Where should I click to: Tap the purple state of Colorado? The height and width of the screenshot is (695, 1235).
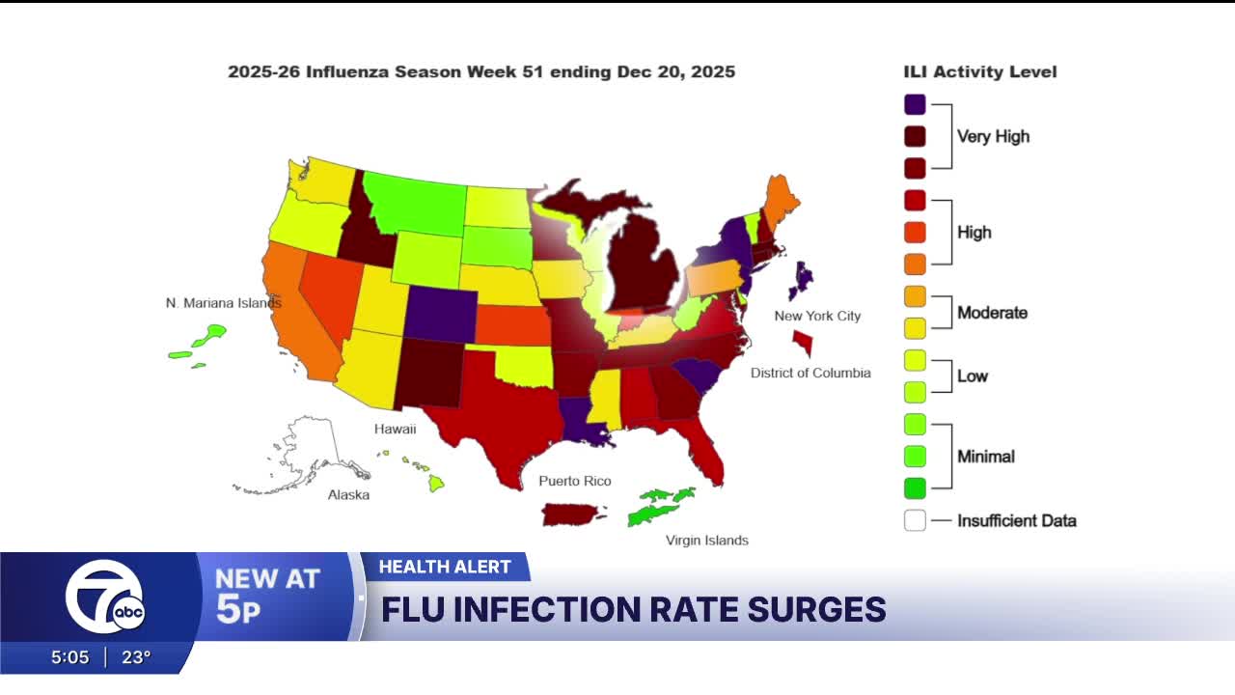click(438, 315)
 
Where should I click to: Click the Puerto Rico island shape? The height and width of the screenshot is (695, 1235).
click(574, 514)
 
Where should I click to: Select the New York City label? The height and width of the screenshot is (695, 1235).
click(817, 316)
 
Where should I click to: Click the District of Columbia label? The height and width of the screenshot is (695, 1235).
click(810, 373)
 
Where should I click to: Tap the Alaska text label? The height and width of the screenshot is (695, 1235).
click(348, 494)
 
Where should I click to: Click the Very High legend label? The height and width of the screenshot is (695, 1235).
click(993, 136)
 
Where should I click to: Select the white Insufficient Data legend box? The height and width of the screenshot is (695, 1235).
click(915, 520)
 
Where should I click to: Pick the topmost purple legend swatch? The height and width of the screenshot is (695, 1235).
click(915, 104)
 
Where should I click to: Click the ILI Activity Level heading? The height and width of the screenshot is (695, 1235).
click(979, 72)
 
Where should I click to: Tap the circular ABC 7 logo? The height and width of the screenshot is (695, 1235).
click(104, 597)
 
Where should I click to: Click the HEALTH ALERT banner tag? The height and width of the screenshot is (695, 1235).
click(445, 567)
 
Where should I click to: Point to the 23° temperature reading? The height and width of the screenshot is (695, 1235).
click(136, 657)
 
